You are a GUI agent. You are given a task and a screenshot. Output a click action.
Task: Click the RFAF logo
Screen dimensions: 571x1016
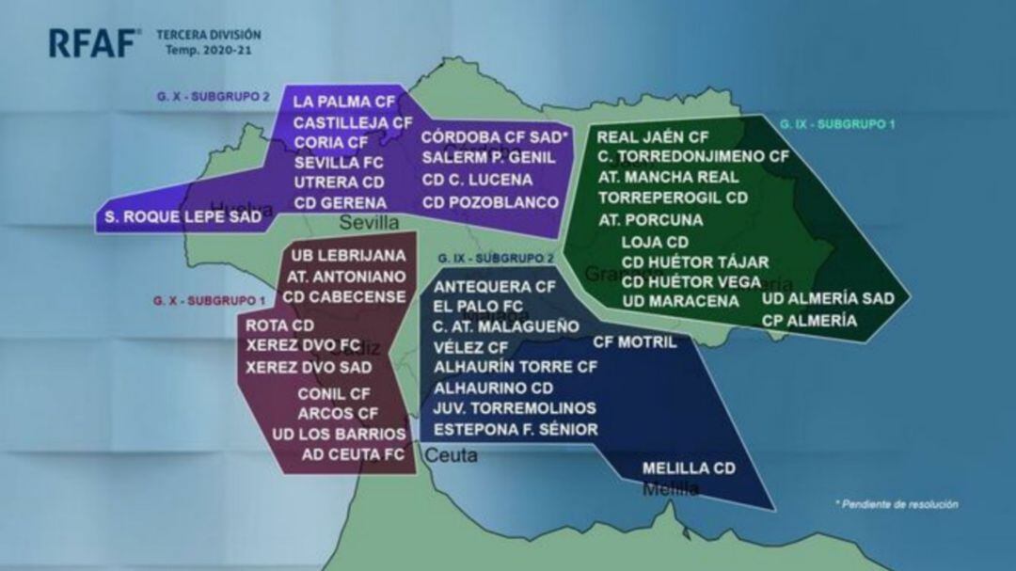pyautogui.click(x=95, y=42)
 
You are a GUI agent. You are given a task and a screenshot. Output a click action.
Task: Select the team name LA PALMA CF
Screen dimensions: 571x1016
pyautogui.click(x=344, y=102)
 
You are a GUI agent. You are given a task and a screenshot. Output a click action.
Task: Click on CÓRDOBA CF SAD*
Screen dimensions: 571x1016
pyautogui.click(x=496, y=137)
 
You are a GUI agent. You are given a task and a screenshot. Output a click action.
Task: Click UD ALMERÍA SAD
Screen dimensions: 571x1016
pyautogui.click(x=828, y=299)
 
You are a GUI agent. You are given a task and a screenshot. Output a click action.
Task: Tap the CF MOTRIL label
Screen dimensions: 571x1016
pyautogui.click(x=634, y=342)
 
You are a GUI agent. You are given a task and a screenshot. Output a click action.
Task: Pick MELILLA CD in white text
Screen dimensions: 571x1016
pyautogui.click(x=688, y=468)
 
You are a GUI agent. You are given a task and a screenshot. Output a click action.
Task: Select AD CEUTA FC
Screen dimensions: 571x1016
pyautogui.click(x=353, y=455)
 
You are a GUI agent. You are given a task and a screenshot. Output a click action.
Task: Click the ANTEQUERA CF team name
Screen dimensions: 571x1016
pyautogui.click(x=495, y=286)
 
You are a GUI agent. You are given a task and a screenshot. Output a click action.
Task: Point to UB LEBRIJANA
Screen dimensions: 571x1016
pyautogui.click(x=349, y=256)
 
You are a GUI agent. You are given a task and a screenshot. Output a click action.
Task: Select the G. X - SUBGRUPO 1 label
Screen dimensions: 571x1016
pyautogui.click(x=210, y=300)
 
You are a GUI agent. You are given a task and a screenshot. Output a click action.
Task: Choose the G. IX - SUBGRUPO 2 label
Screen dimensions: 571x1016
pyautogui.click(x=495, y=258)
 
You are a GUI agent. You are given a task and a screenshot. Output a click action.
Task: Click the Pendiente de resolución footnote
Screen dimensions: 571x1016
pyautogui.click(x=897, y=505)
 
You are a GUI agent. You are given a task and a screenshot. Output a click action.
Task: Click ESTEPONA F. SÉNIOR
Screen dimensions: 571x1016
pyautogui.click(x=516, y=430)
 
